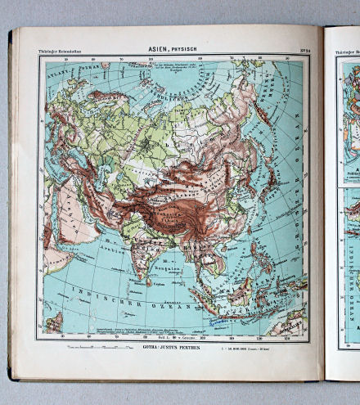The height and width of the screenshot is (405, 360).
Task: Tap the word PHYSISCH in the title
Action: coord(185,48)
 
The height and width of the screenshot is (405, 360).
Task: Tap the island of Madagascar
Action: coord(54,322)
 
